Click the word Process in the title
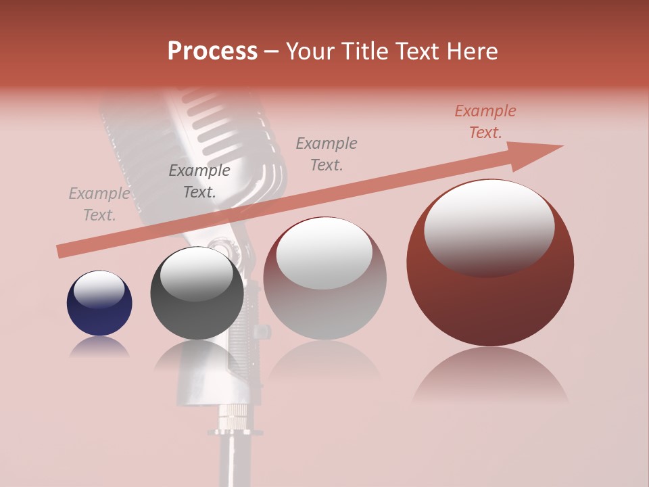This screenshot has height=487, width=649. click(x=212, y=51)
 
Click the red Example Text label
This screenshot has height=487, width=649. click(x=485, y=122)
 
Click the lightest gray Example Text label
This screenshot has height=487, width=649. click(x=99, y=204)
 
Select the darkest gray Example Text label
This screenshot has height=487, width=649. click(x=199, y=181)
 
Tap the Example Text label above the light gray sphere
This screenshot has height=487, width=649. click(x=327, y=154)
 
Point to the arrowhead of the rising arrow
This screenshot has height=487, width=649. click(x=541, y=153)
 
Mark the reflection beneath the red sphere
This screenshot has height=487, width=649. click(x=490, y=375)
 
